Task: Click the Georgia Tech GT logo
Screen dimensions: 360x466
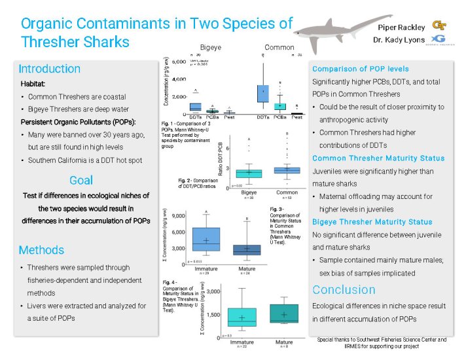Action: tap(439, 26)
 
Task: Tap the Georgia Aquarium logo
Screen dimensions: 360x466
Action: tap(440, 41)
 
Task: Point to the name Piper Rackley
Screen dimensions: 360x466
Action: tap(401, 27)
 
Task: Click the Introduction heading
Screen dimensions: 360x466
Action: tap(50, 69)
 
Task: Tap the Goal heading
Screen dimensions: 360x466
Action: tap(81, 180)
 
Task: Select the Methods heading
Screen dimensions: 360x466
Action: tap(41, 250)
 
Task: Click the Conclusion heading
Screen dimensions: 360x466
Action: tap(344, 290)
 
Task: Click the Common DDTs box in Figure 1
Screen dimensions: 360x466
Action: tap(263, 93)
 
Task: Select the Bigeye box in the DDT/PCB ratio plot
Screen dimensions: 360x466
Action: tap(249, 173)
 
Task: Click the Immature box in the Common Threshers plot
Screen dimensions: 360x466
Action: tap(206, 239)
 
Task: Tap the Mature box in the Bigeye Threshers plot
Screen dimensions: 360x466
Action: tap(283, 313)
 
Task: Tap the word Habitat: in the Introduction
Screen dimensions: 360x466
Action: tap(34, 84)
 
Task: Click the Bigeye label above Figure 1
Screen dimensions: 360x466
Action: tap(211, 48)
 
